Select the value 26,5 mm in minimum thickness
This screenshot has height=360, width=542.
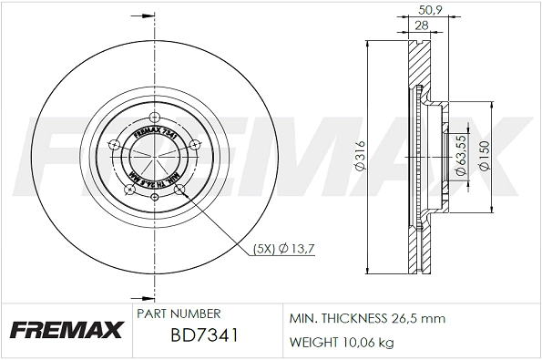click(x=418, y=320)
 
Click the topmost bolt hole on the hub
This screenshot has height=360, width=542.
click(x=153, y=117)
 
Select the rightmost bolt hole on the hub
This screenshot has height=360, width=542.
click(x=195, y=144)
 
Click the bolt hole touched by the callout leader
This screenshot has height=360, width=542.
click(x=179, y=190)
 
